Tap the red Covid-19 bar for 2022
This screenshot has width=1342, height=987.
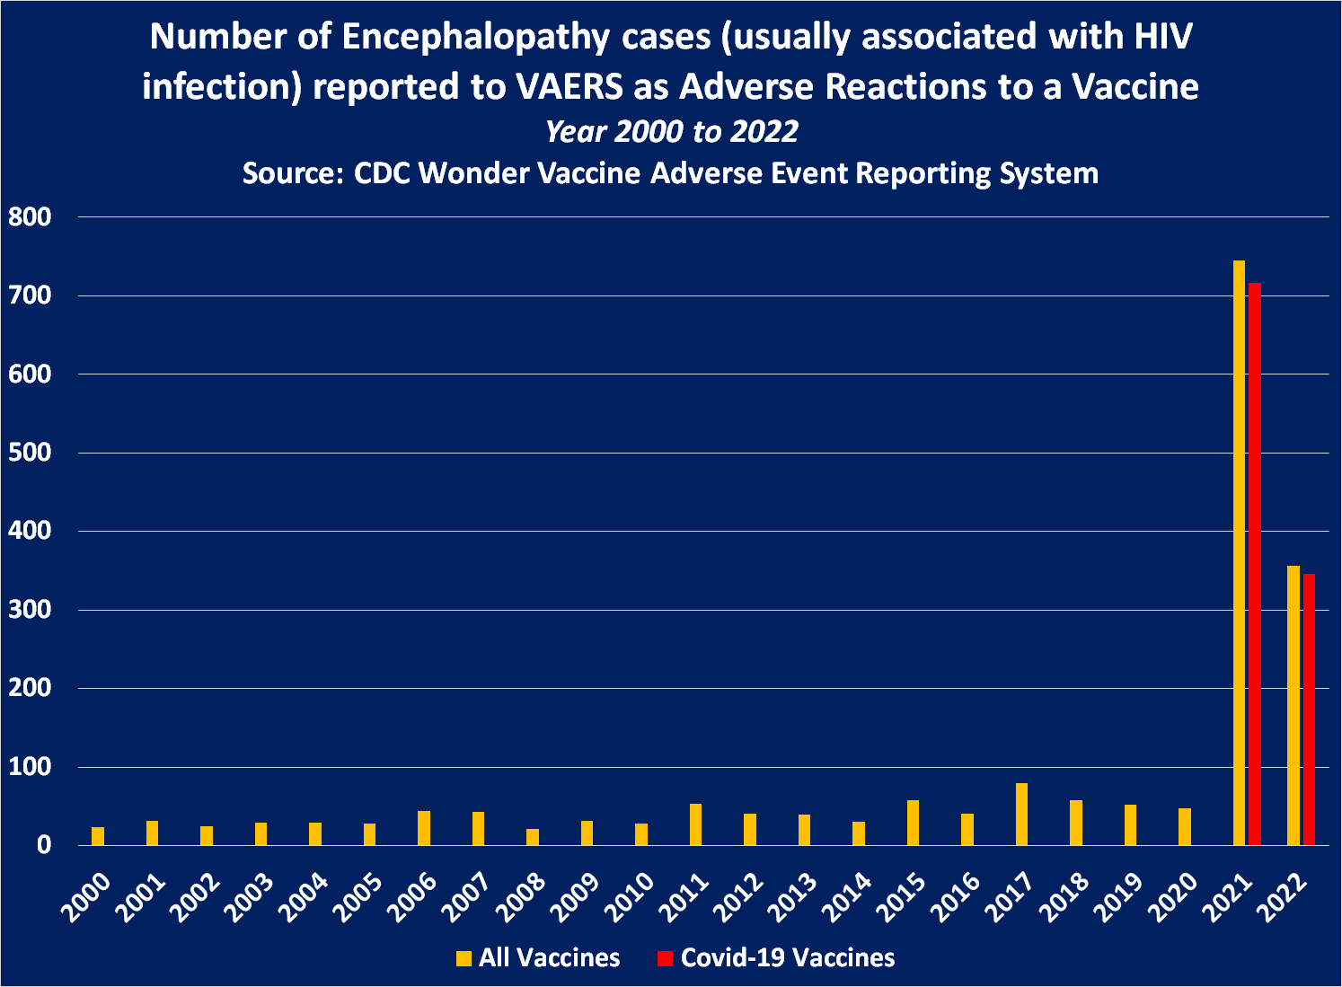tap(1309, 709)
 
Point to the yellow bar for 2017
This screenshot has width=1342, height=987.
tap(1021, 814)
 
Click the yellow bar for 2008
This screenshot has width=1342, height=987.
tap(533, 836)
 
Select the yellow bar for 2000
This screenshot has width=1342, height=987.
tap(98, 835)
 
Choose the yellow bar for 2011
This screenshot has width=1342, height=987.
tap(695, 824)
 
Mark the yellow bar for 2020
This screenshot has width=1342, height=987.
tap(1185, 826)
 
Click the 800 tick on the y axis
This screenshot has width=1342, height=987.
tap(30, 216)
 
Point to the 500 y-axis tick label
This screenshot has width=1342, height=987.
tap(30, 453)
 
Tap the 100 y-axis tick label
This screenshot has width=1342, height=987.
tap(30, 767)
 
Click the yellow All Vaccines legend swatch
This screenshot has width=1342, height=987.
tap(464, 958)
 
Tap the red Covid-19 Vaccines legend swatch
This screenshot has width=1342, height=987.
tap(665, 958)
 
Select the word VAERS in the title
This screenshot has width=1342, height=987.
tap(569, 87)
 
